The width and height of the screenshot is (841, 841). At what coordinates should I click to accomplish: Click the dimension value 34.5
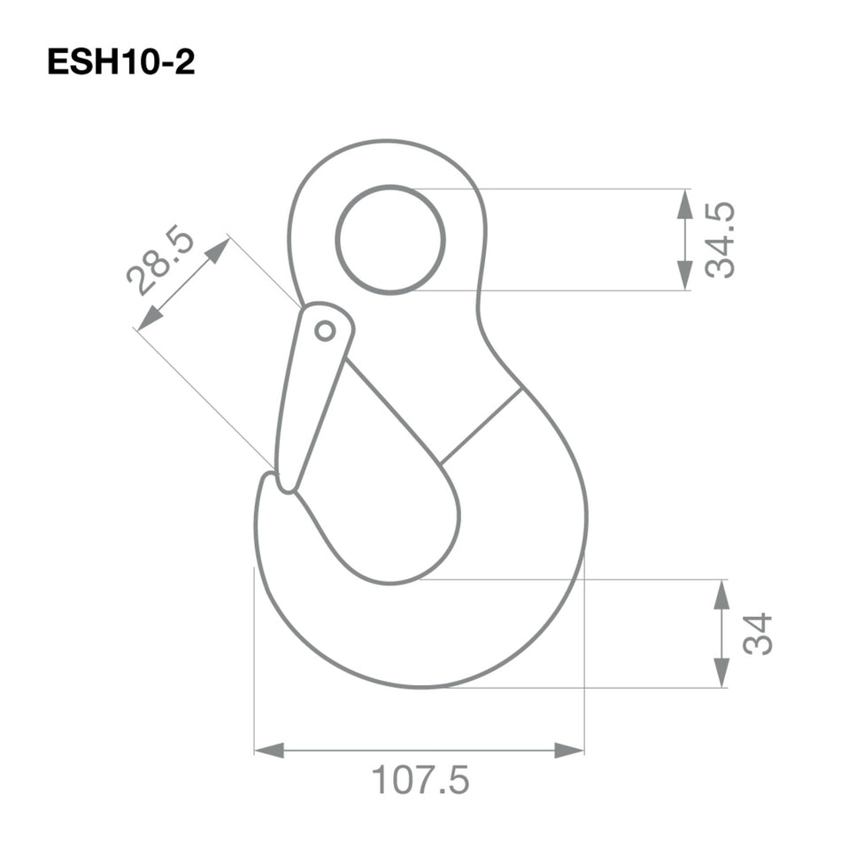tap(721, 240)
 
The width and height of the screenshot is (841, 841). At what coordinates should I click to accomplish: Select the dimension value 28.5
tap(160, 261)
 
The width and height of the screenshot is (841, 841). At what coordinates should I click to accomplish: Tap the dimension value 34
tap(758, 634)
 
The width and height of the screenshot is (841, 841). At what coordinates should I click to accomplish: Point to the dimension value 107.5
tap(420, 781)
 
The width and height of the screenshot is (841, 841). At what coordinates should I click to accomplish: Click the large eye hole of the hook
tap(390, 239)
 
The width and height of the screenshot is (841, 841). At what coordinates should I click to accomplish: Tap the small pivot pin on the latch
tap(325, 330)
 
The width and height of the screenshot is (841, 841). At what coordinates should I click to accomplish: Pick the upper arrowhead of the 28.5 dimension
tap(218, 250)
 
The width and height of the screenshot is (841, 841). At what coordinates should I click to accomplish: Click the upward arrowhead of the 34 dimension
tap(721, 594)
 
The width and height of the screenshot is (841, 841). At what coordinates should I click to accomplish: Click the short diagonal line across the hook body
tap(481, 426)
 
